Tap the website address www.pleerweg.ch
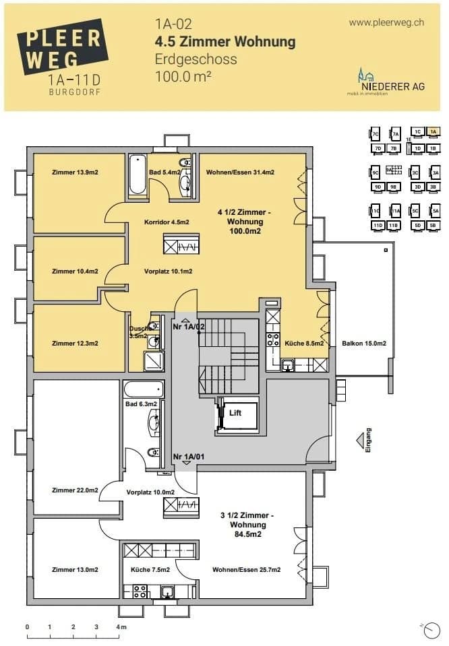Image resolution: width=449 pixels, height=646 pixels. [386, 22]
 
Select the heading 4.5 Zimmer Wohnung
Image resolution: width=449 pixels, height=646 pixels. [225, 42]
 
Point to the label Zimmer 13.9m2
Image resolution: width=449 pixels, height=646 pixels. [75, 173]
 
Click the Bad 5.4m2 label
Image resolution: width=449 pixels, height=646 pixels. [164, 173]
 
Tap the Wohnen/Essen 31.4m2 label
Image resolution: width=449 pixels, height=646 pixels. [240, 173]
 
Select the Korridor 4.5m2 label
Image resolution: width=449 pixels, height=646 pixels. [167, 222]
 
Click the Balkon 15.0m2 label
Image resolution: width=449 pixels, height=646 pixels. [364, 344]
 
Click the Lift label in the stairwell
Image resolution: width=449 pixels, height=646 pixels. [235, 412]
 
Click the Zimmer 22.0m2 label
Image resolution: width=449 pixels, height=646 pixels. [75, 490]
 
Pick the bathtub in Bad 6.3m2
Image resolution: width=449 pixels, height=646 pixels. [144, 390]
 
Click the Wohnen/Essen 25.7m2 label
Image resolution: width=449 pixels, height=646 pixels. [246, 570]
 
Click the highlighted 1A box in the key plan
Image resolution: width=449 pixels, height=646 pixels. [433, 132]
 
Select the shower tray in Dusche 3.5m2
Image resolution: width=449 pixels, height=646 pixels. [153, 362]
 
